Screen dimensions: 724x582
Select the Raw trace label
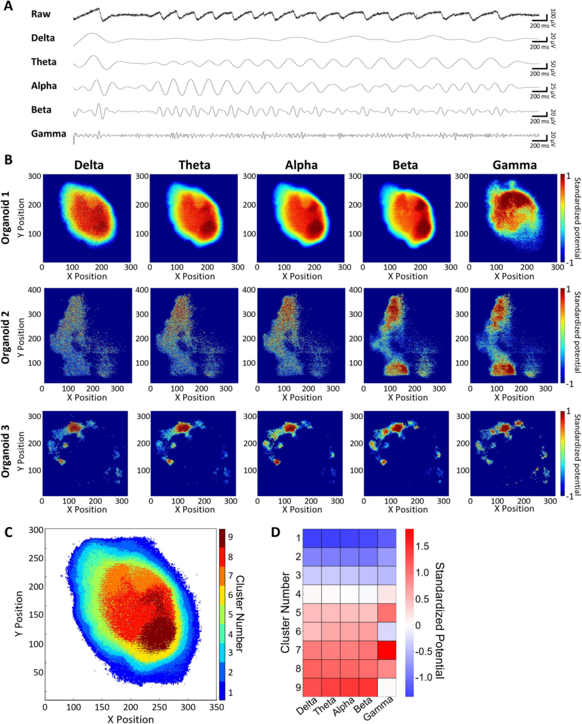coord(41,14)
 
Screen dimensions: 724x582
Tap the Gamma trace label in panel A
coord(48,134)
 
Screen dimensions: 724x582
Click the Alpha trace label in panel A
coord(44,86)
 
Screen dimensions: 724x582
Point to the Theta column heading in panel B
coord(195,165)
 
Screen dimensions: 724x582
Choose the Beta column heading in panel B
coord(405,165)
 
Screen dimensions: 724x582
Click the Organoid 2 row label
coord(6,341)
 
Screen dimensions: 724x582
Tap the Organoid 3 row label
coord(6,451)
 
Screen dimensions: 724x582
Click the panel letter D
coord(275,533)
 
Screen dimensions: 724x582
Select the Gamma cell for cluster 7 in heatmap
coord(386,650)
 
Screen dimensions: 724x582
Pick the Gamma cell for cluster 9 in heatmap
coord(386,687)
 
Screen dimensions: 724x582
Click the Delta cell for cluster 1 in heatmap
coord(312,538)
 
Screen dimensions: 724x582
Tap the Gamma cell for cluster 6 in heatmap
coord(386,631)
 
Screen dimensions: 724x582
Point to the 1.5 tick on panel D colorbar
coord(422,547)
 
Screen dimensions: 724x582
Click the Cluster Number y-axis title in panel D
coord(285,612)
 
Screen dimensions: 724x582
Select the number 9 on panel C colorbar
coord(230,537)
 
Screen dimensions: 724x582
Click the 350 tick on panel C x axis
coord(217,707)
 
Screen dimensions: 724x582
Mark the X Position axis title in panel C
coord(130,719)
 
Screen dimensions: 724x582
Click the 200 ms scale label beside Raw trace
coord(539,25)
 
